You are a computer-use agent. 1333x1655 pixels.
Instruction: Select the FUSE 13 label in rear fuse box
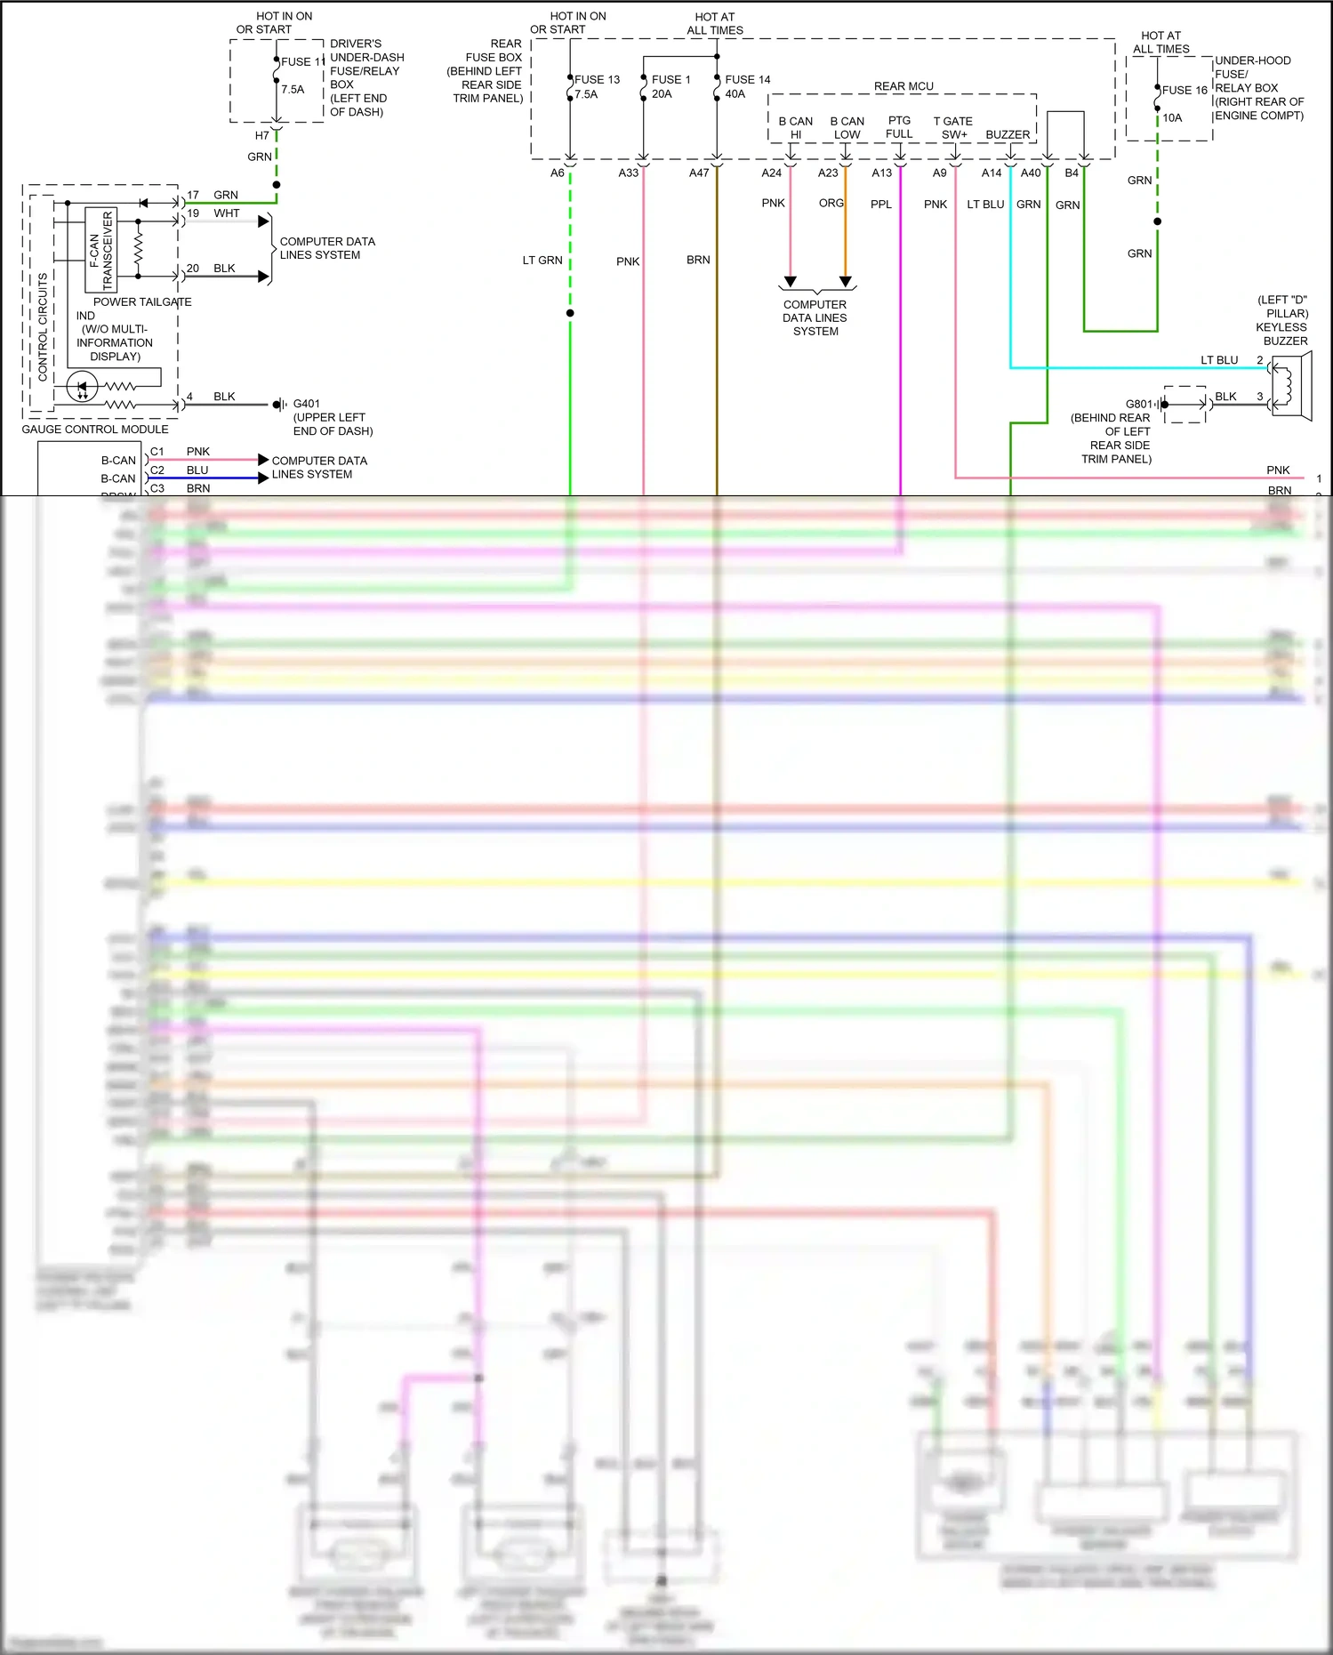[x=597, y=79]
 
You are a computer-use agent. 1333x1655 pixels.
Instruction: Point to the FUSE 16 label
[x=1184, y=90]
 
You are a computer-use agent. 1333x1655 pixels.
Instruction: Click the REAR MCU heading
[x=903, y=86]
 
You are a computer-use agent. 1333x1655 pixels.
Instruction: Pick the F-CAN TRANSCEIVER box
[x=101, y=250]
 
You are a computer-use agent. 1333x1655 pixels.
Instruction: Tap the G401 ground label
[x=306, y=404]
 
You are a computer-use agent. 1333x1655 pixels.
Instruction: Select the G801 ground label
[x=1138, y=404]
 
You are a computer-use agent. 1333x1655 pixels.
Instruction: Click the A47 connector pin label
[x=699, y=173]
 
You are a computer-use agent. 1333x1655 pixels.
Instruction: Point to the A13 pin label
[x=881, y=173]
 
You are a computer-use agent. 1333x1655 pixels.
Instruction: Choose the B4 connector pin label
[x=1072, y=173]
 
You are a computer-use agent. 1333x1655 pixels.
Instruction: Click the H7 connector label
[x=261, y=135]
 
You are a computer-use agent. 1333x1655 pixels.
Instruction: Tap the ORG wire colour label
[x=831, y=204]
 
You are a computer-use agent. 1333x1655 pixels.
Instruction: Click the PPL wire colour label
[x=880, y=205]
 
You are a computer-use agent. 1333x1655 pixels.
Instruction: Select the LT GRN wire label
[x=542, y=261]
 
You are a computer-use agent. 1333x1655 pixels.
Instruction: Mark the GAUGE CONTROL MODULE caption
[x=95, y=430]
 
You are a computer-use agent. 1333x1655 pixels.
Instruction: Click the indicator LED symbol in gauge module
[x=83, y=387]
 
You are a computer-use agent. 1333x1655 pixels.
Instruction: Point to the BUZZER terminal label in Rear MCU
[x=1008, y=135]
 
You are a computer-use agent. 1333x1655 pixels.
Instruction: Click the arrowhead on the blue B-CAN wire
[x=263, y=478]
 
